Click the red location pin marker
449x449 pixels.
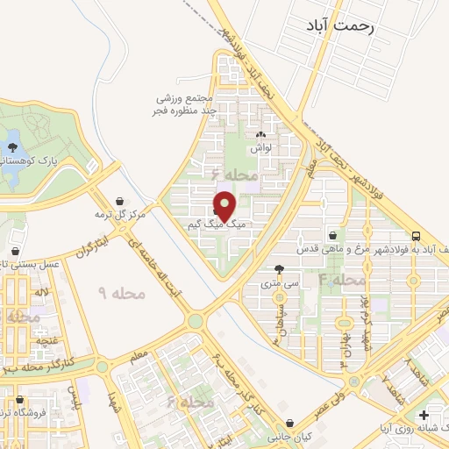(x=225, y=207)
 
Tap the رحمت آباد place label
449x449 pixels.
(x=342, y=27)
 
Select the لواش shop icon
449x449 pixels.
(x=260, y=137)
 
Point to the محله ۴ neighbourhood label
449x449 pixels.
(x=343, y=280)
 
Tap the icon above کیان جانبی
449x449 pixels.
(x=290, y=423)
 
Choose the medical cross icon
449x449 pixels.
(x=424, y=415)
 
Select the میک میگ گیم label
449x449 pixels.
(x=215, y=225)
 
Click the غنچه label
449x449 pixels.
(x=46, y=339)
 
